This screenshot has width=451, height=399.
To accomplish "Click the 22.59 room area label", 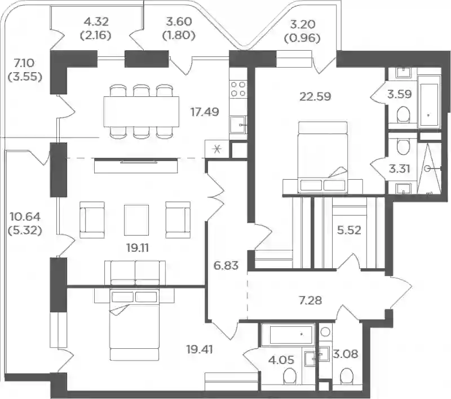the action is click(x=315, y=96).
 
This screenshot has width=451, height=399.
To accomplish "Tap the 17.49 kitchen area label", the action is click(x=205, y=112).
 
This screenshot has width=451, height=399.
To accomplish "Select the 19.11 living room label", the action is click(x=137, y=247).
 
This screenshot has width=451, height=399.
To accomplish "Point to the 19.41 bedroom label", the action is click(x=200, y=349).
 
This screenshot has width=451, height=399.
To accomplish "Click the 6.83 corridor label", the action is click(x=226, y=265).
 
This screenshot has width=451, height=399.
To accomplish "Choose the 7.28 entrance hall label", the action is click(x=311, y=300).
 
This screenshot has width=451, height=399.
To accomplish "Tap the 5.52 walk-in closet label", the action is click(x=349, y=230).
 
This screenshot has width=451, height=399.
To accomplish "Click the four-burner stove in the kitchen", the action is click(x=238, y=89).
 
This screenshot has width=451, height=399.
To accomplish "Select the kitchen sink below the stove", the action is click(x=238, y=125).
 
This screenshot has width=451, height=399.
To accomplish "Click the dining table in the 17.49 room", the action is click(x=142, y=112).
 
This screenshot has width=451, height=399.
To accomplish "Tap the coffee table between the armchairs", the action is click(x=136, y=220).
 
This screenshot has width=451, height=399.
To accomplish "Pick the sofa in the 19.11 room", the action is click(x=135, y=273).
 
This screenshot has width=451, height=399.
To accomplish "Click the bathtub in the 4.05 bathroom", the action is click(x=287, y=334).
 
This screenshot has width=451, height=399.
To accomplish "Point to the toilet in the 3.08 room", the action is click(x=346, y=375).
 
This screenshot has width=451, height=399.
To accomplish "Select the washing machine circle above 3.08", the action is click(x=325, y=332).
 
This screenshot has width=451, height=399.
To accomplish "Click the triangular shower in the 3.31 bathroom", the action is click(x=428, y=169).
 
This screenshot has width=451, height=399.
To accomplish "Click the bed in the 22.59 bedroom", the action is click(x=322, y=157).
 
